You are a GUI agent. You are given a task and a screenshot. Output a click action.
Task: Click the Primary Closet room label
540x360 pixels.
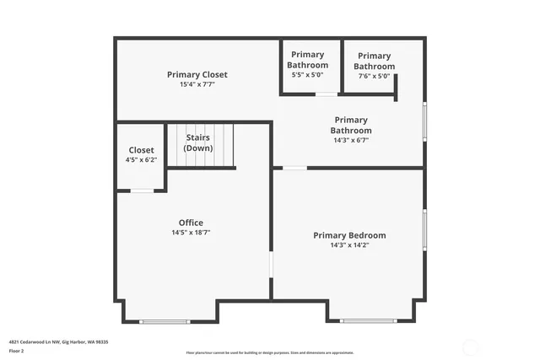pyautogui.click(x=197, y=74)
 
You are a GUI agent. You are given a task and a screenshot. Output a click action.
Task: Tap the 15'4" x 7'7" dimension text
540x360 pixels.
pyautogui.click(x=197, y=84)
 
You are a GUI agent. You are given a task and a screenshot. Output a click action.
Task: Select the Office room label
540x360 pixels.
pyautogui.click(x=191, y=223)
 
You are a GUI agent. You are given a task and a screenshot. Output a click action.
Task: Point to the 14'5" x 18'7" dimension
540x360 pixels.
pyautogui.click(x=191, y=233)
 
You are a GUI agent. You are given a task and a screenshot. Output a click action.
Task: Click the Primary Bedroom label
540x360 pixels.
pyautogui.click(x=349, y=235)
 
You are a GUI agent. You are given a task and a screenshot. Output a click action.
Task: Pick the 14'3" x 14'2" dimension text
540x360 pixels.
pyautogui.click(x=349, y=245)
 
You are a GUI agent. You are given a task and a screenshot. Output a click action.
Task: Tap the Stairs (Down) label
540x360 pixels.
pyautogui.click(x=198, y=142)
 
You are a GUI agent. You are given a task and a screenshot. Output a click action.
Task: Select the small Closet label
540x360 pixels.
pyautogui.click(x=142, y=150)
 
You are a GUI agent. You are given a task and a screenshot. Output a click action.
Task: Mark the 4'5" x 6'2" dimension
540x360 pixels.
pyautogui.click(x=142, y=160)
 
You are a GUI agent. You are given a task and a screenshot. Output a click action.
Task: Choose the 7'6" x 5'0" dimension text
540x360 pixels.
pyautogui.click(x=374, y=76)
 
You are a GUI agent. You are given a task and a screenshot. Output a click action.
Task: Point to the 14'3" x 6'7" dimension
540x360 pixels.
pyautogui.click(x=351, y=140)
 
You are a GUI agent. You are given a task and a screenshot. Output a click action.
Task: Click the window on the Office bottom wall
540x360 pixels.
pyautogui.click(x=165, y=321)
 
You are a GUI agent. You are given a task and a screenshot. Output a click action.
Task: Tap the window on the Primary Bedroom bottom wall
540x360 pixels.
pyautogui.click(x=367, y=320)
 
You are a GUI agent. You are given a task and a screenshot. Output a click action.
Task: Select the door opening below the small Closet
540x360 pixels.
pyautogui.click(x=142, y=191)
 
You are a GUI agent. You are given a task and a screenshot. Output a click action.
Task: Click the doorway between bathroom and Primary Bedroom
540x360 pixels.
pyautogui.click(x=294, y=168)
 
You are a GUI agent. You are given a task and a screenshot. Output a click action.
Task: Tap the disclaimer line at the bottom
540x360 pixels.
pyautogui.click(x=270, y=353)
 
